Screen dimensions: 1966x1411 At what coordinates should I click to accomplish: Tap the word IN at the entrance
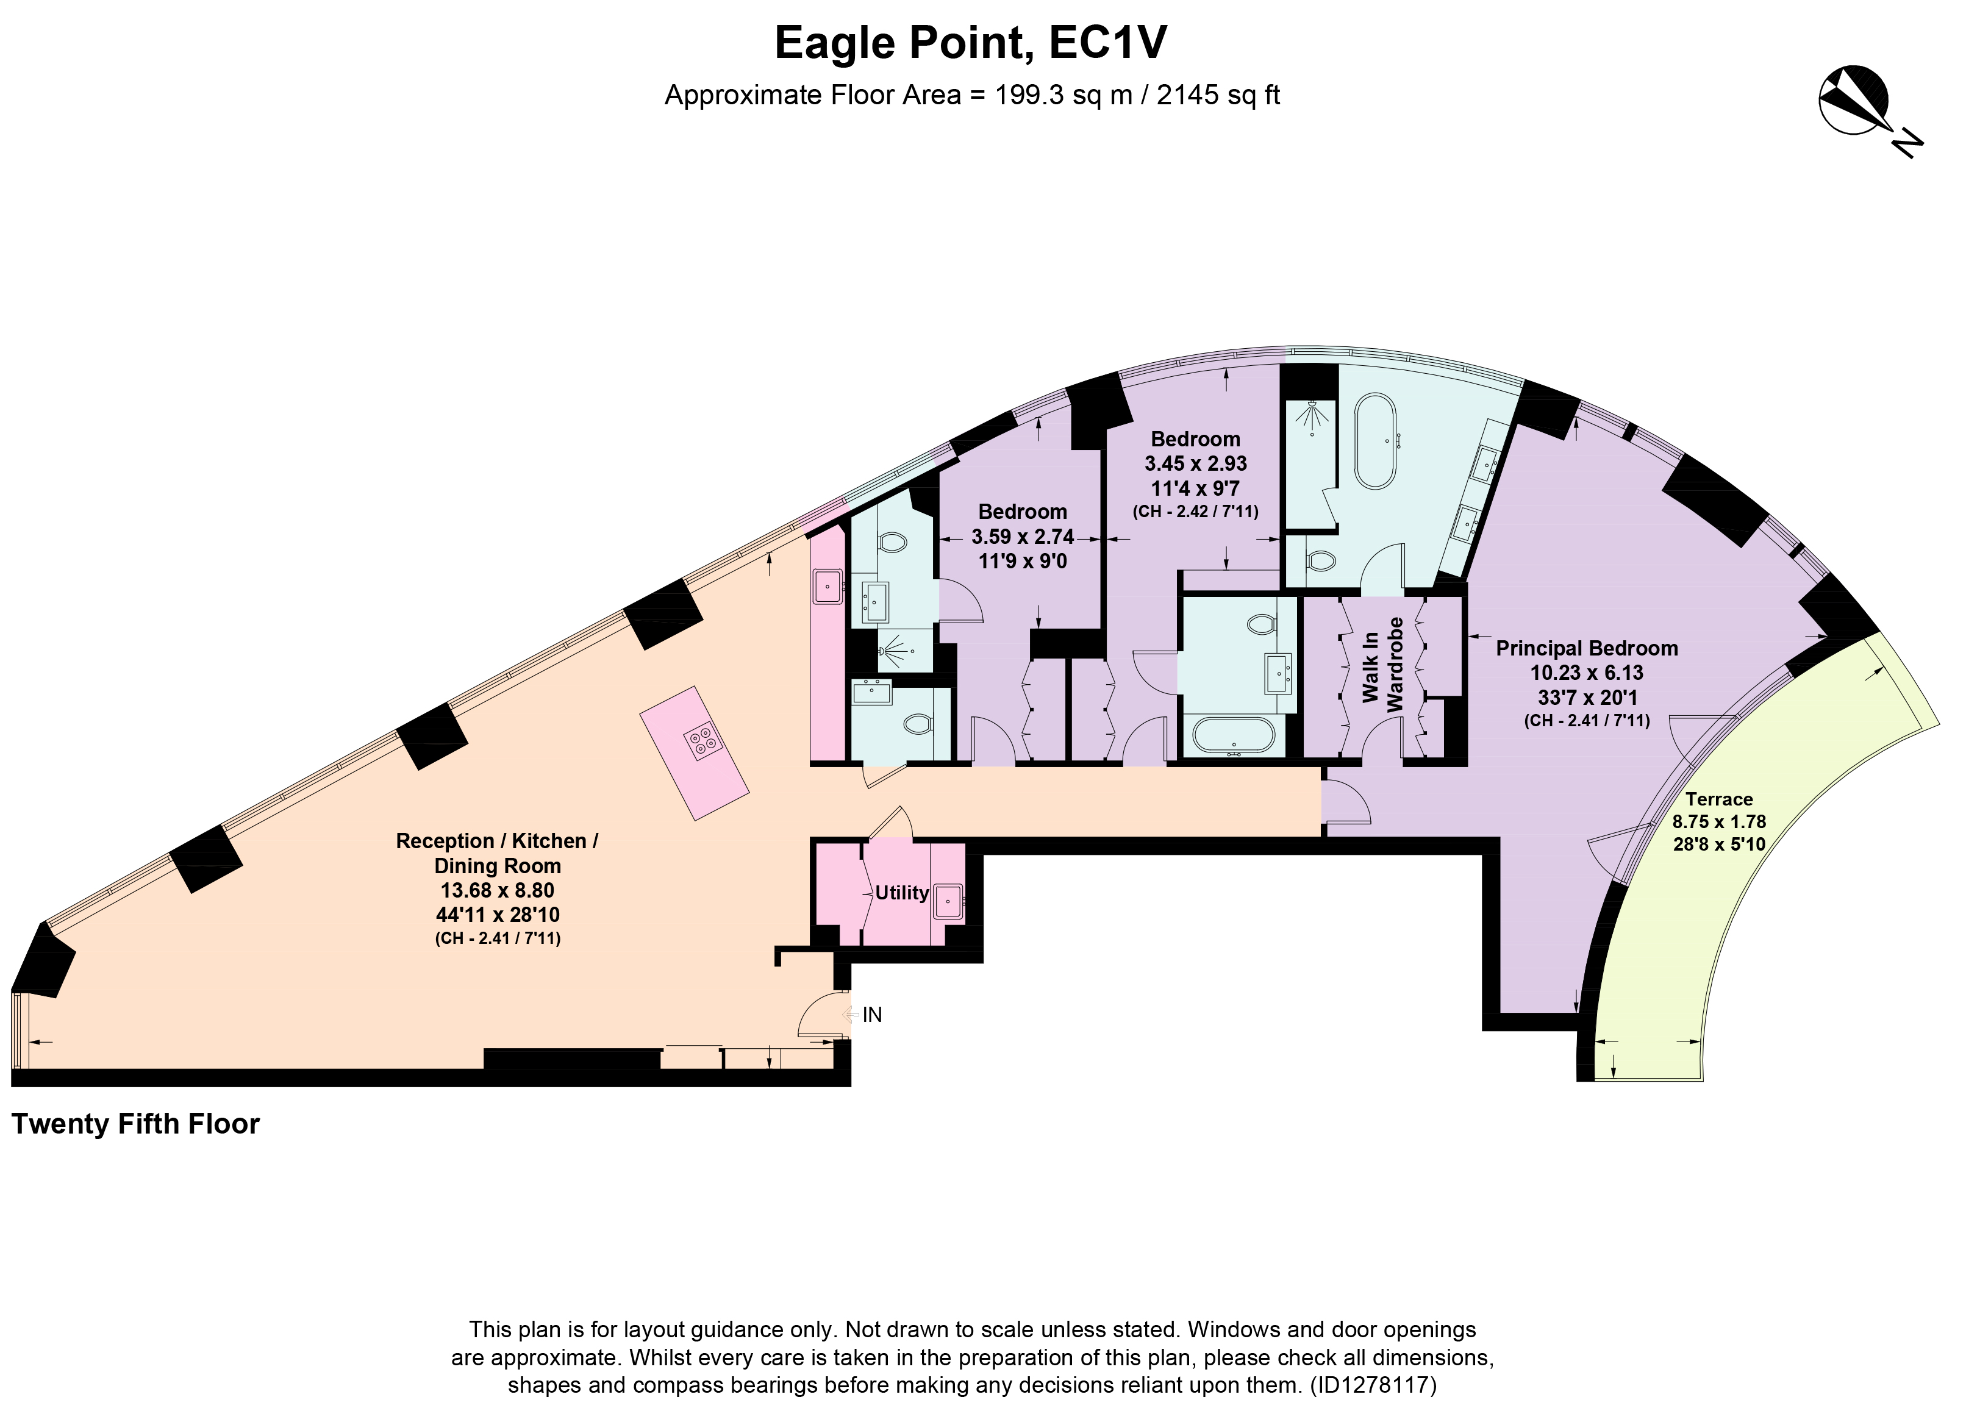(x=872, y=1015)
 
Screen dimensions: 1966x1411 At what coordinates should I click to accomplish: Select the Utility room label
(x=901, y=893)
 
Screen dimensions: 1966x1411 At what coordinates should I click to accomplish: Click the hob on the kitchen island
(x=702, y=740)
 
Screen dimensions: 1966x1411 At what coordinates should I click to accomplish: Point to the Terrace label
(x=1719, y=799)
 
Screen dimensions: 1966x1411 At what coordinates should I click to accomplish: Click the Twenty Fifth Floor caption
(x=135, y=1124)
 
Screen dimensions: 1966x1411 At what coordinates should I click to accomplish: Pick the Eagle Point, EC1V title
(x=971, y=43)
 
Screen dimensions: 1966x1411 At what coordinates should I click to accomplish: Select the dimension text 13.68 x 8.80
(x=498, y=890)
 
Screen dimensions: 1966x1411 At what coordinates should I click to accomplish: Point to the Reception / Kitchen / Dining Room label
(x=498, y=853)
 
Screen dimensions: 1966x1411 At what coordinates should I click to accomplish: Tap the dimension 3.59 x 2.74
(x=1023, y=537)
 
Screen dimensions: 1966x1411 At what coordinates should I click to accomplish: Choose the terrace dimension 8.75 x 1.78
(x=1719, y=821)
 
